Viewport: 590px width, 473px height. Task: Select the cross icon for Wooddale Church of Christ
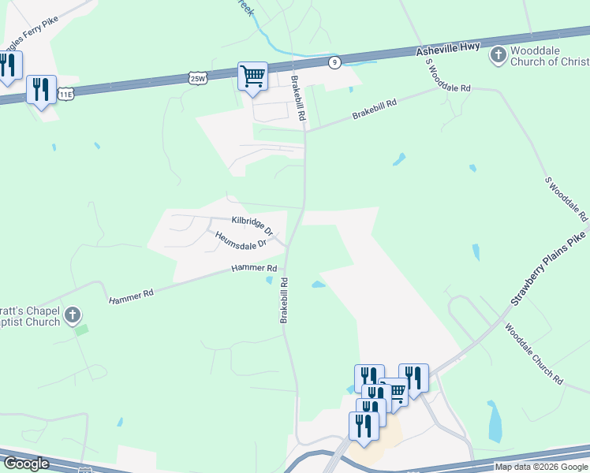pos(498,55)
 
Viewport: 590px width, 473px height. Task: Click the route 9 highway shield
pos(335,62)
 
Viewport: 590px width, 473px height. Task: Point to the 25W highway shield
pos(198,78)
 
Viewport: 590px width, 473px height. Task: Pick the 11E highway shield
pos(65,95)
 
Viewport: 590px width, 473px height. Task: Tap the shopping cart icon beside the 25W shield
pos(252,76)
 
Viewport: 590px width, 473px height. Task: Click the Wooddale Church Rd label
pos(534,354)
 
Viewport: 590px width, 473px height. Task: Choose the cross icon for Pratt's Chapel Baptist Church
pos(72,316)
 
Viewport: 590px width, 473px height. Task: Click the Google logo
pos(26,464)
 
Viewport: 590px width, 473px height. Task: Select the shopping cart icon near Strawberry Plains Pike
pos(394,392)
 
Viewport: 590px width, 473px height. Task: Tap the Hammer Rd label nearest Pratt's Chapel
pos(131,295)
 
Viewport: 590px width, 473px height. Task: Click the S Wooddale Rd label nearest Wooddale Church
pos(447,76)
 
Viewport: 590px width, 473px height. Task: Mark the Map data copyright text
pos(541,467)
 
